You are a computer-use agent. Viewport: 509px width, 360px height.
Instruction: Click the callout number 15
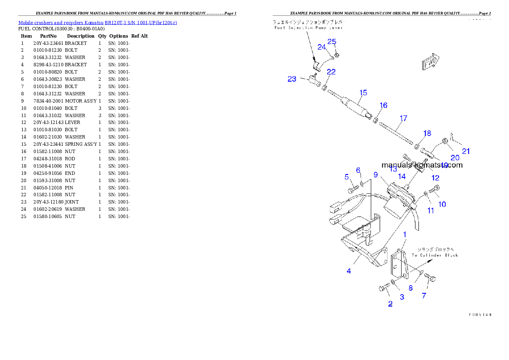(x=363, y=92)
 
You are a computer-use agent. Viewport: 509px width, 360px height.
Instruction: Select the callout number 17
(x=403, y=118)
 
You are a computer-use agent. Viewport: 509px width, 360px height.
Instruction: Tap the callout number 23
(x=292, y=79)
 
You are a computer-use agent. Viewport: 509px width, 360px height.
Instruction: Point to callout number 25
(x=332, y=41)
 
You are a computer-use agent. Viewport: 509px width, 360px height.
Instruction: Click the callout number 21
(x=466, y=151)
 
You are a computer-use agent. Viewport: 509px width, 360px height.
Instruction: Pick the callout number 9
(x=375, y=174)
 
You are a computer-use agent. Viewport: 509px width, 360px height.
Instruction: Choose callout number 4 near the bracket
(x=349, y=271)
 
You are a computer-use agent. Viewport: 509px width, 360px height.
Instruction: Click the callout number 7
(x=424, y=295)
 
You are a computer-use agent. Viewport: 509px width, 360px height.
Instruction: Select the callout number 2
(x=390, y=304)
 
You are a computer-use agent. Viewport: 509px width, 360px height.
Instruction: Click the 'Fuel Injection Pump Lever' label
(x=308, y=27)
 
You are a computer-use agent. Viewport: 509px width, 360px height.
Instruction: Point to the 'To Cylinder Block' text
(x=435, y=255)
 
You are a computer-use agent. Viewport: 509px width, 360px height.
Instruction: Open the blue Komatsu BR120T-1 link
(x=98, y=22)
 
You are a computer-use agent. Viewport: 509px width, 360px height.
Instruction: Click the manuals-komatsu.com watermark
(x=422, y=165)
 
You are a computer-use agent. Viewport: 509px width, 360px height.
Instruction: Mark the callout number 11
(x=430, y=210)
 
